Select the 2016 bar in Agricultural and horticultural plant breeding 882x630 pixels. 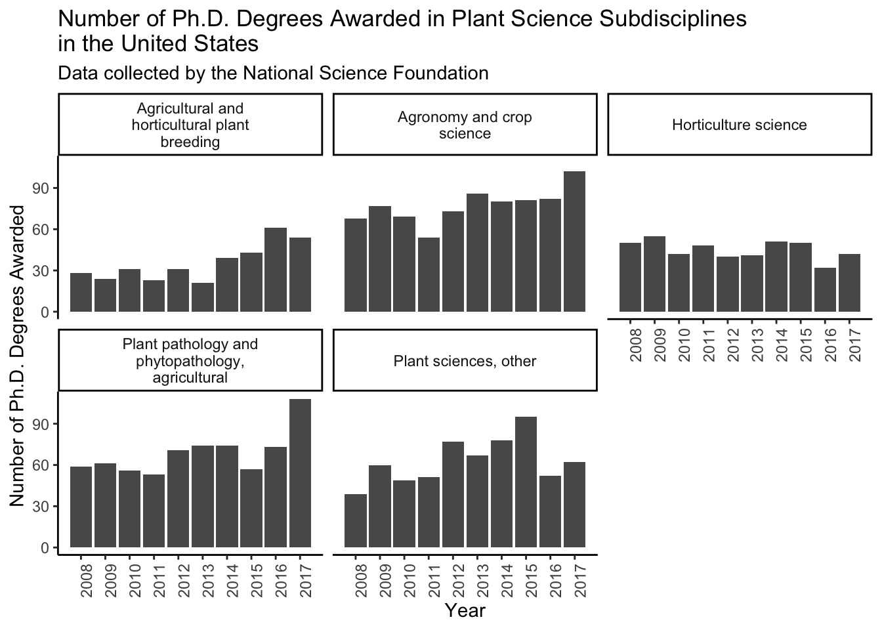[276, 270]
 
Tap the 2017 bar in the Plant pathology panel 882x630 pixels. [300, 473]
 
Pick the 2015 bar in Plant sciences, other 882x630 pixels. [526, 482]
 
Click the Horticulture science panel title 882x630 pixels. [740, 125]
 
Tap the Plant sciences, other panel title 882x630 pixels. [465, 361]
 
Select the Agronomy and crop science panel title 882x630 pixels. [465, 125]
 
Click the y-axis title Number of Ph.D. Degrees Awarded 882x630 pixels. [18, 356]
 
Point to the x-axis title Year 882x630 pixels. [465, 610]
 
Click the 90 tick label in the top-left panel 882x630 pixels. [41, 188]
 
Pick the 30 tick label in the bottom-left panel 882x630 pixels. [41, 507]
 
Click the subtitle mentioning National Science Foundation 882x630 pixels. [273, 73]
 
